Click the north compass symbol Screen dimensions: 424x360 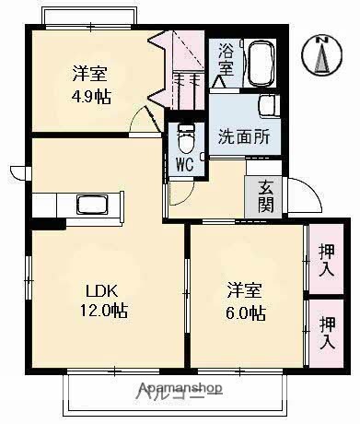(321, 56)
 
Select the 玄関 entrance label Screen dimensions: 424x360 (264, 195)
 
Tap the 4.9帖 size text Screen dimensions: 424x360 (91, 95)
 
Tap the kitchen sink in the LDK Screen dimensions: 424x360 (93, 204)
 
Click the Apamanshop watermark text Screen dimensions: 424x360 (180, 389)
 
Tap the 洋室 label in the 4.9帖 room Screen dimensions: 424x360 (91, 74)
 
